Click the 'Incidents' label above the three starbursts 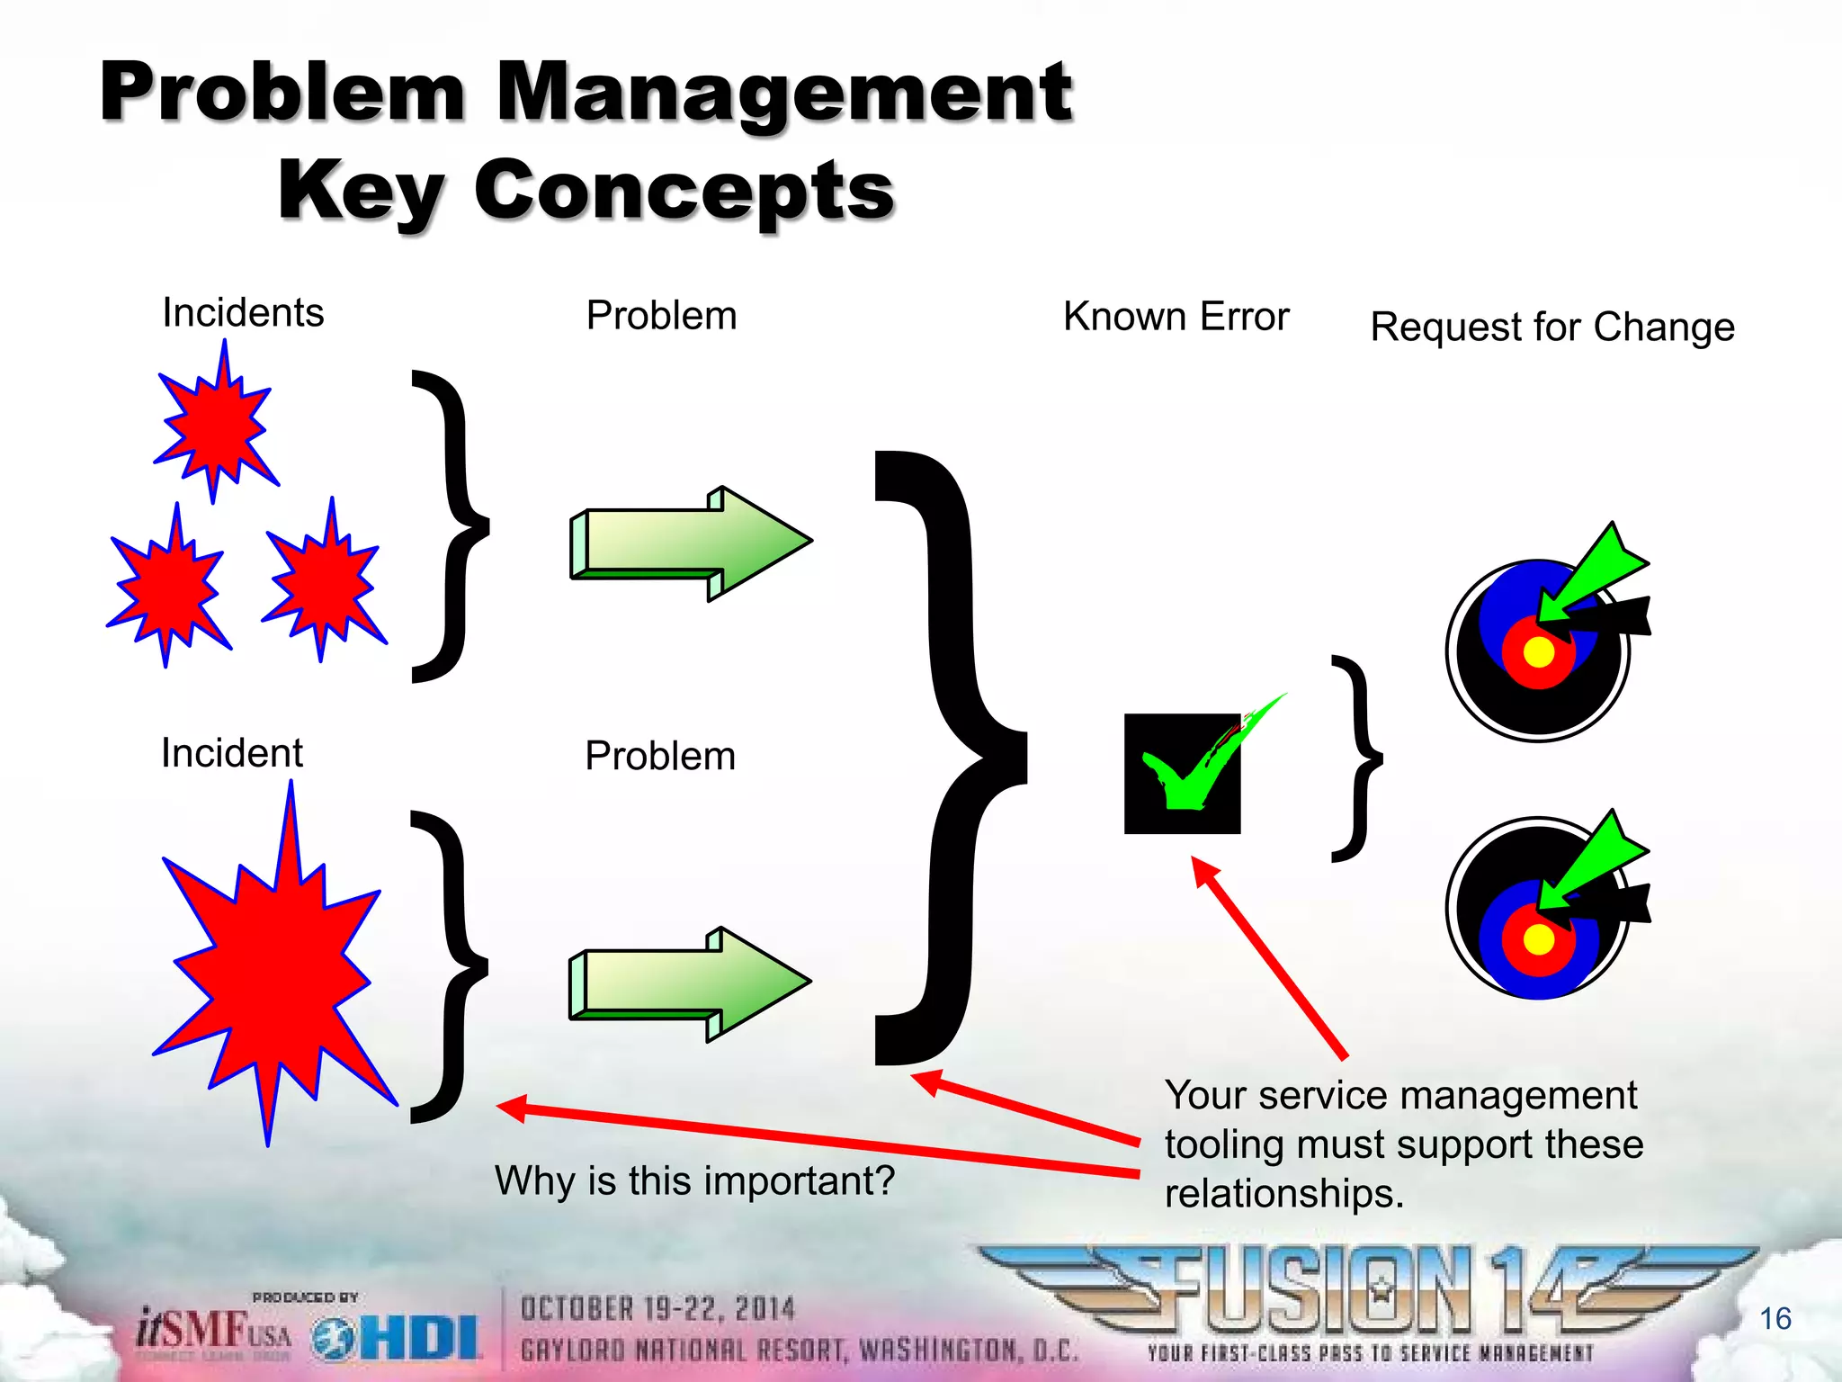(x=243, y=313)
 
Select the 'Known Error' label (x=1176, y=317)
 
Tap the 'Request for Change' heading (x=1551, y=328)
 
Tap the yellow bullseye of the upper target (x=1539, y=652)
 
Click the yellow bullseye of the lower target (x=1539, y=939)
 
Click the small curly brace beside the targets (x=1356, y=758)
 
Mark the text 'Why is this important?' (x=694, y=1180)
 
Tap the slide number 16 (x=1775, y=1319)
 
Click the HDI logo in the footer (x=396, y=1339)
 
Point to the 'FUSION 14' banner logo (x=1367, y=1296)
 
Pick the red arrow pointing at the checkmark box (x=1268, y=957)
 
